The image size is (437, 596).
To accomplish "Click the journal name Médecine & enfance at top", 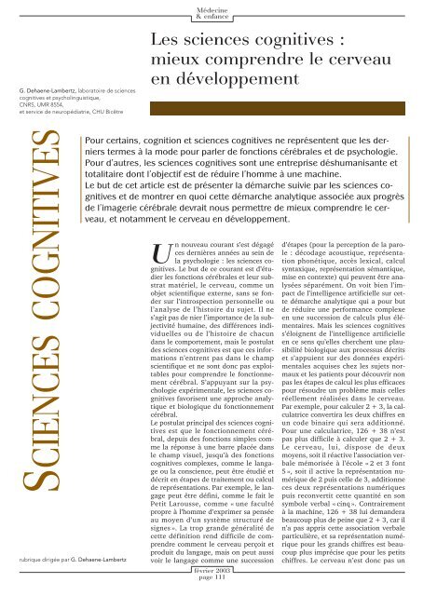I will coord(212,9).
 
